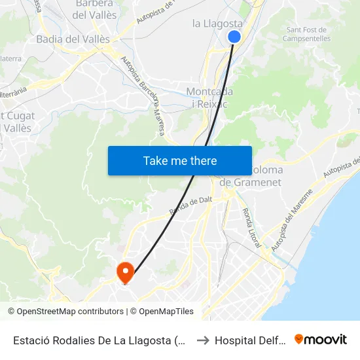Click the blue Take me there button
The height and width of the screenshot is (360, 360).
(x=180, y=160)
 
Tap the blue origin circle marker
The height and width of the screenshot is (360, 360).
(x=234, y=37)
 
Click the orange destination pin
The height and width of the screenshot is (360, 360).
(x=124, y=271)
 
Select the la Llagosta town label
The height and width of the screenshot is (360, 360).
(x=217, y=24)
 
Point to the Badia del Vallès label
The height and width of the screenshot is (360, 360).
(x=73, y=39)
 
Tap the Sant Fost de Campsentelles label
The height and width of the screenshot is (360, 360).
(x=307, y=34)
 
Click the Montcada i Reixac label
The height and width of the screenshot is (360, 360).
(x=209, y=98)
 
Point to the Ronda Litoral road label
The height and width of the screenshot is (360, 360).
(x=251, y=228)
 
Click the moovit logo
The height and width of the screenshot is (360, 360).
(x=321, y=339)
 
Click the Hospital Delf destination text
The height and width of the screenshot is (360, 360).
(x=251, y=340)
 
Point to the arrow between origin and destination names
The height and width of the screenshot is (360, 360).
(x=203, y=340)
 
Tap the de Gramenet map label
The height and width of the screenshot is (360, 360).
(x=251, y=183)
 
